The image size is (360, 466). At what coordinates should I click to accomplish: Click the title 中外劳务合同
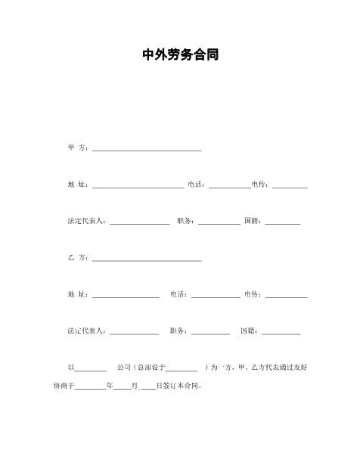coord(180,55)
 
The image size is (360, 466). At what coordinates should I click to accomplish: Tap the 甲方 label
coord(78,147)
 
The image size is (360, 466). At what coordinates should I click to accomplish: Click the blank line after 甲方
coord(146,149)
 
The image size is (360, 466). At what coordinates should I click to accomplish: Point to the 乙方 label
coord(78,258)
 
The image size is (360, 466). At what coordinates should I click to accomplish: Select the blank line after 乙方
coord(146,260)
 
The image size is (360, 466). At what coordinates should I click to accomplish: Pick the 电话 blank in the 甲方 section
coord(229,186)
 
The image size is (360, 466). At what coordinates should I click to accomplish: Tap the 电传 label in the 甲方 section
coord(261,184)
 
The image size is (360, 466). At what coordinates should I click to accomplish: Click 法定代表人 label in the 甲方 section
coord(87,221)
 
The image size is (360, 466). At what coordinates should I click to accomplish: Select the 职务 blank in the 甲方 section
coord(219,223)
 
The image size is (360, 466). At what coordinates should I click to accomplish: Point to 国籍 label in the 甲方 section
coord(254,221)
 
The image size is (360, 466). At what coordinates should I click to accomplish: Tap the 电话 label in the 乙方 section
coord(179,294)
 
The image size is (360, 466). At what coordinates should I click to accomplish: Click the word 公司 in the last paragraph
coord(125,368)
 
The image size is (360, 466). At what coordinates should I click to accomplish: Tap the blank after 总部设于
coord(182,370)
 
